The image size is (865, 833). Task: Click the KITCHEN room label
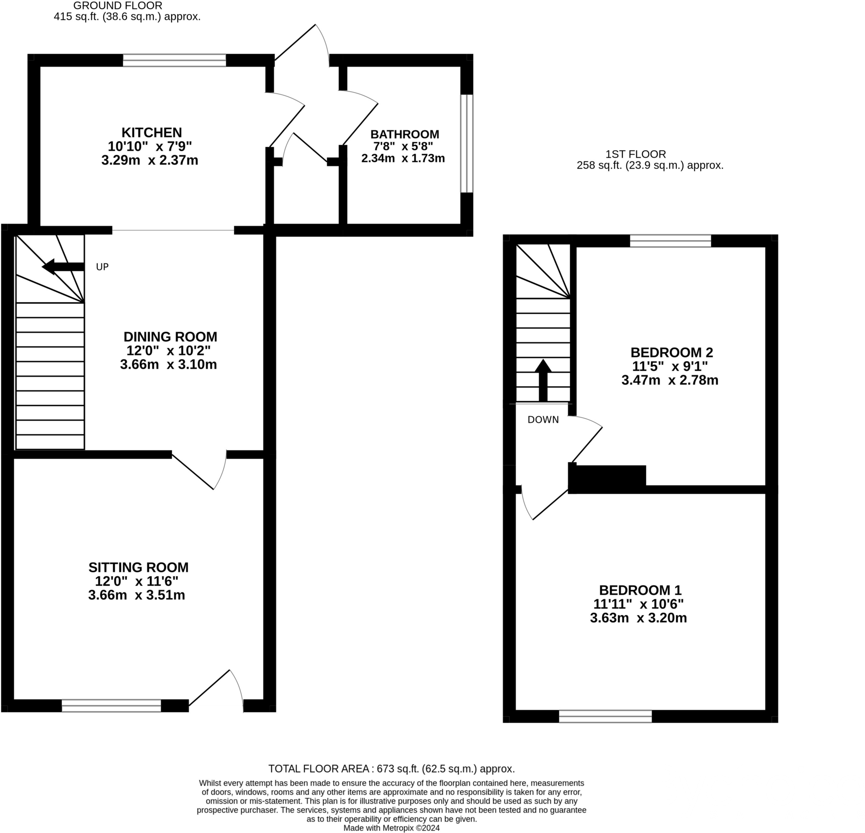[151, 133]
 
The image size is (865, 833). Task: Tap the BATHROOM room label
[404, 134]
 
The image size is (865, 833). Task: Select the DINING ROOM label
[170, 337]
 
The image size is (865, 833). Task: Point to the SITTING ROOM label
[138, 568]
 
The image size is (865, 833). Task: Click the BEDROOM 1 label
[640, 590]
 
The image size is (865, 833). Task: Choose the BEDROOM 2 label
[671, 353]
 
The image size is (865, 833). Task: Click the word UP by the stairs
[102, 267]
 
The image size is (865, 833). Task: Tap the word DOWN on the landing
[543, 419]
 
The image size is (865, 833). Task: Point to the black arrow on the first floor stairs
[543, 380]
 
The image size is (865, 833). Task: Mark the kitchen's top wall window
[174, 61]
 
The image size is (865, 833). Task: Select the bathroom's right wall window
[467, 143]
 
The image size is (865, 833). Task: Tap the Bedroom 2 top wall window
[670, 241]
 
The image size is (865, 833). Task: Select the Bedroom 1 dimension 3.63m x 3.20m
[638, 618]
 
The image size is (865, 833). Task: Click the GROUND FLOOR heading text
[117, 6]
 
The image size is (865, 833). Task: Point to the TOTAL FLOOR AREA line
[391, 769]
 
